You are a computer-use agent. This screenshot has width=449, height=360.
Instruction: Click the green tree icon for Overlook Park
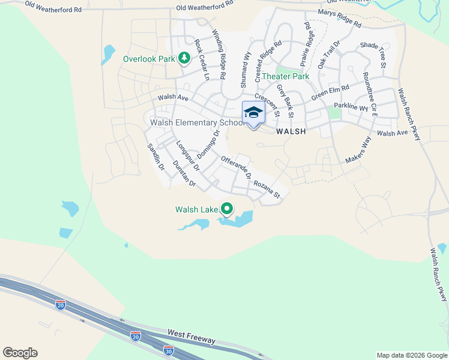point(185,58)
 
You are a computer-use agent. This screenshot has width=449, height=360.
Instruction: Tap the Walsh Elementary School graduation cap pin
point(253,113)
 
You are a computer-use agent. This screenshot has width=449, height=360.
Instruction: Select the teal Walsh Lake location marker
point(227,209)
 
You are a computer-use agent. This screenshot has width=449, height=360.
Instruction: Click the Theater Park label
point(285,76)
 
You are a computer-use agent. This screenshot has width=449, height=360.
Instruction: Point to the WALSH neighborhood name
point(291,131)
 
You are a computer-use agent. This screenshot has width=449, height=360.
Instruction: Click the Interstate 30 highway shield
point(169,349)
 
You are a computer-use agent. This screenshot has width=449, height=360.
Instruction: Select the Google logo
point(20,353)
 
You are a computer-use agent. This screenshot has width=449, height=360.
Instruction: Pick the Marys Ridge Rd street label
point(340,19)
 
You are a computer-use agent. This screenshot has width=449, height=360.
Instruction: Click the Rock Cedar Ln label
point(202,61)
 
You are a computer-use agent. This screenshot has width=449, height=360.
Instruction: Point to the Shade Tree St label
point(373,54)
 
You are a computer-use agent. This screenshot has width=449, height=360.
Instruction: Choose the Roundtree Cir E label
point(370,94)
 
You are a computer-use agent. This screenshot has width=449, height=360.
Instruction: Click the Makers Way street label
point(358,150)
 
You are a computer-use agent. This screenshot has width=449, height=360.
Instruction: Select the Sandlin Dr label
point(155,157)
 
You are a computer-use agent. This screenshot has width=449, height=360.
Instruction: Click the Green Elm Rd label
point(330,94)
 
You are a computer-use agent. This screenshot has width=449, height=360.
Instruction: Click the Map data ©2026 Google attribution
point(411,355)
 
